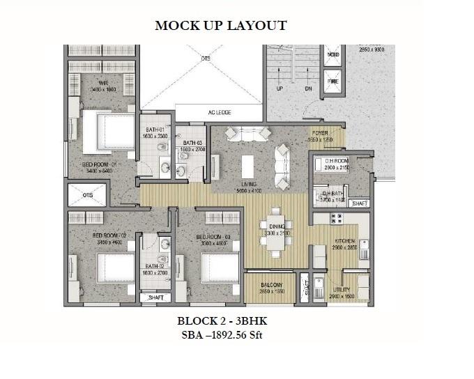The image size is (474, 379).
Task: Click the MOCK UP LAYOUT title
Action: click(220, 26)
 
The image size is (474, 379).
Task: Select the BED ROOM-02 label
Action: click(108, 235)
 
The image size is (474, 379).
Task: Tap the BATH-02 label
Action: click(154, 265)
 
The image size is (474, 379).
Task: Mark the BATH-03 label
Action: click(190, 141)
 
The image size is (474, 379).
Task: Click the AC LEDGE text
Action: click(219, 113)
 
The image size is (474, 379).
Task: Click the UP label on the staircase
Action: click(280, 89)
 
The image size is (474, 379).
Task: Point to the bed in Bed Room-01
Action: click(109, 133)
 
